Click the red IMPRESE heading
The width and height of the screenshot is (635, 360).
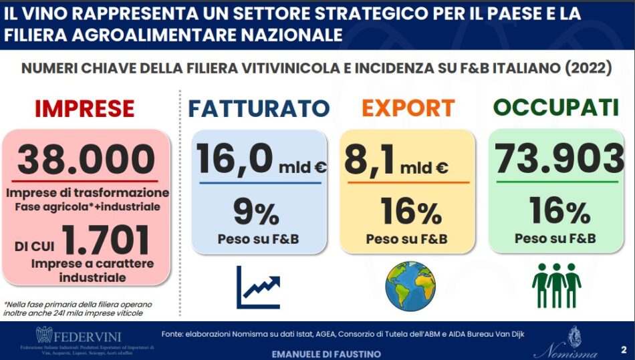(x=85, y=108)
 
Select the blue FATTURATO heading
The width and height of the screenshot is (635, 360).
(x=258, y=108)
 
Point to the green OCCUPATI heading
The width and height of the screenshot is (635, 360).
(x=557, y=108)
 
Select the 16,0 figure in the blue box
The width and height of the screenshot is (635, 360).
(x=235, y=160)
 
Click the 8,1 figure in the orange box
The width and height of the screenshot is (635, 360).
(x=371, y=160)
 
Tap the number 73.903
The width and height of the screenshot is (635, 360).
(x=559, y=160)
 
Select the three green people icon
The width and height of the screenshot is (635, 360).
(x=556, y=283)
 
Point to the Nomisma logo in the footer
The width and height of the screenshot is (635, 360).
(x=572, y=341)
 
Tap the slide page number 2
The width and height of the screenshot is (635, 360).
(x=623, y=349)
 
